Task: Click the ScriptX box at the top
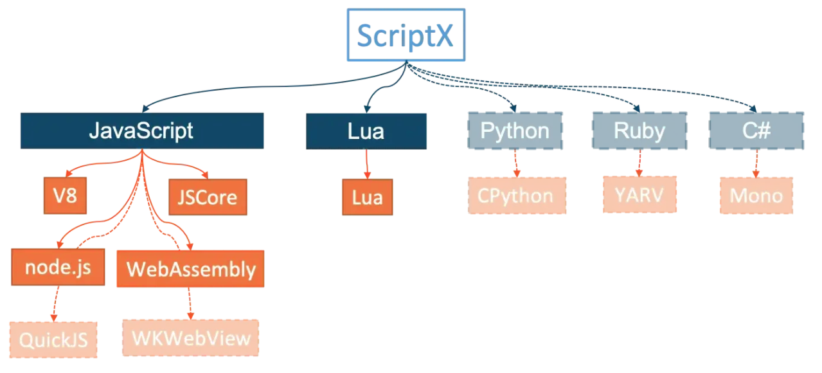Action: (x=406, y=35)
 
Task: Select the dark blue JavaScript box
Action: (x=141, y=131)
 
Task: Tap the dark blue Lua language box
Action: (x=366, y=131)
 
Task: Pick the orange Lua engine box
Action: (x=367, y=197)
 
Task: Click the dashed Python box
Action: (x=515, y=131)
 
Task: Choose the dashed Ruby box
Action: (x=639, y=131)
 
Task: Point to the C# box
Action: (x=756, y=131)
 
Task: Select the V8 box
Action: (x=65, y=195)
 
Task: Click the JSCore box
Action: (x=207, y=196)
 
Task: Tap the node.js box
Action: (x=57, y=267)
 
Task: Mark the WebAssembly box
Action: (x=190, y=269)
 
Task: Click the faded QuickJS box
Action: (x=53, y=340)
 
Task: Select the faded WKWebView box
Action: (x=190, y=338)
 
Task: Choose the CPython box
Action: (x=517, y=196)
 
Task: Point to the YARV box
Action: (x=639, y=194)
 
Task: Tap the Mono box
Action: (x=756, y=196)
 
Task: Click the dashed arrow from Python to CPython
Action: (x=516, y=163)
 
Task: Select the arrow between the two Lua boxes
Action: (x=367, y=165)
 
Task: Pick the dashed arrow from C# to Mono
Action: (x=756, y=163)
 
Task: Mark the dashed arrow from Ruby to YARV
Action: (x=639, y=163)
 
